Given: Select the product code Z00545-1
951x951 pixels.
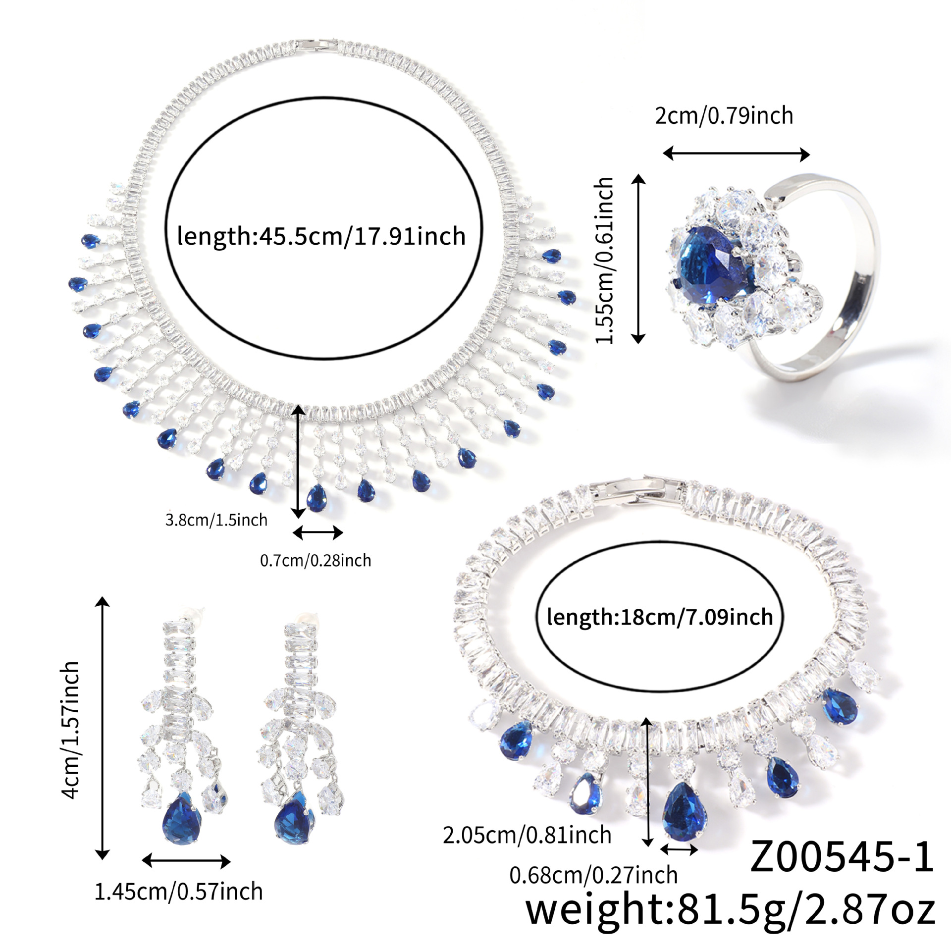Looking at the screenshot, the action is (x=842, y=856).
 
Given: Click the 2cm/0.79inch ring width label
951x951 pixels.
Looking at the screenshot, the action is (x=724, y=115).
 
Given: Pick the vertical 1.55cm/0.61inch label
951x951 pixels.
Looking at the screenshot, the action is (x=605, y=261).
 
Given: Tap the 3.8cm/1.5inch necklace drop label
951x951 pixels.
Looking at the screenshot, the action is (x=216, y=520).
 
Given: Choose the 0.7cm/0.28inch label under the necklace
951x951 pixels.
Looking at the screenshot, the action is (x=316, y=561).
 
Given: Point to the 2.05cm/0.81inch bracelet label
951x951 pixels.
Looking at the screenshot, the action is (x=527, y=835).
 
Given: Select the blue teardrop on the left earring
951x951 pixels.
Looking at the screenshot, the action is (x=181, y=819).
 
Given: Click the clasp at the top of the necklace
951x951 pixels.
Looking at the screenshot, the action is (x=319, y=44).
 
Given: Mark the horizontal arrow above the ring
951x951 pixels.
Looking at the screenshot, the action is (x=736, y=154).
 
